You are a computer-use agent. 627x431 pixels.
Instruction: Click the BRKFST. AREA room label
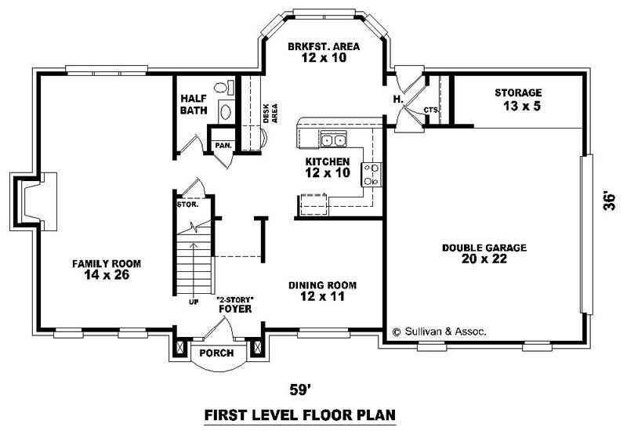click(x=323, y=52)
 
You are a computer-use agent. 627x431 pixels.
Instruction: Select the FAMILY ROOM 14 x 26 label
click(x=100, y=269)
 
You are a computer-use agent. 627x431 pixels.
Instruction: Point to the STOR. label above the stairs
click(x=187, y=205)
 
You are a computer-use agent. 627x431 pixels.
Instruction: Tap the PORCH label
click(x=216, y=353)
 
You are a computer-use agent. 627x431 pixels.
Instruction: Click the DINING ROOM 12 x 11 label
click(x=322, y=291)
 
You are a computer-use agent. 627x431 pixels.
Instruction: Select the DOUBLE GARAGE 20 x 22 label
click(x=484, y=252)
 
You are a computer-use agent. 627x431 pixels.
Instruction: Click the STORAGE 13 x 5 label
click(x=517, y=99)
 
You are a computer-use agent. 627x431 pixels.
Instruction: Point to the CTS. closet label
click(x=430, y=110)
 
